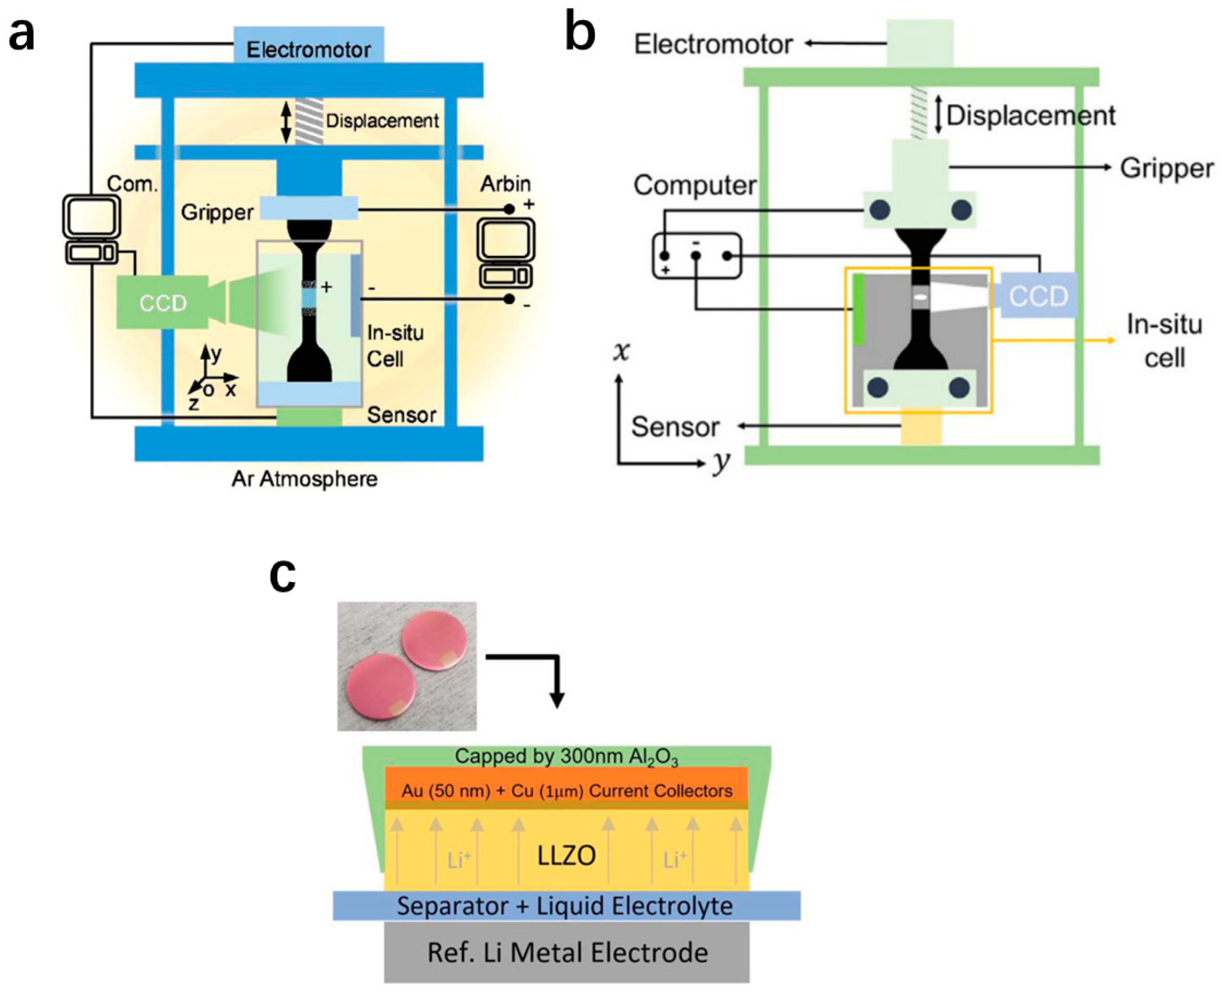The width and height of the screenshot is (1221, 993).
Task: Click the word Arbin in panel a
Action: [505, 184]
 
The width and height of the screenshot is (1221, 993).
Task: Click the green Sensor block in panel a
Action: [309, 417]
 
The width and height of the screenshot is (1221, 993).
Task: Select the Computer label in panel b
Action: [694, 185]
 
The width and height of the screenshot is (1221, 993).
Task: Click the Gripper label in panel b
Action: [1166, 168]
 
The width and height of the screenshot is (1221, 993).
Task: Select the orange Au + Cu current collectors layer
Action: [567, 790]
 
